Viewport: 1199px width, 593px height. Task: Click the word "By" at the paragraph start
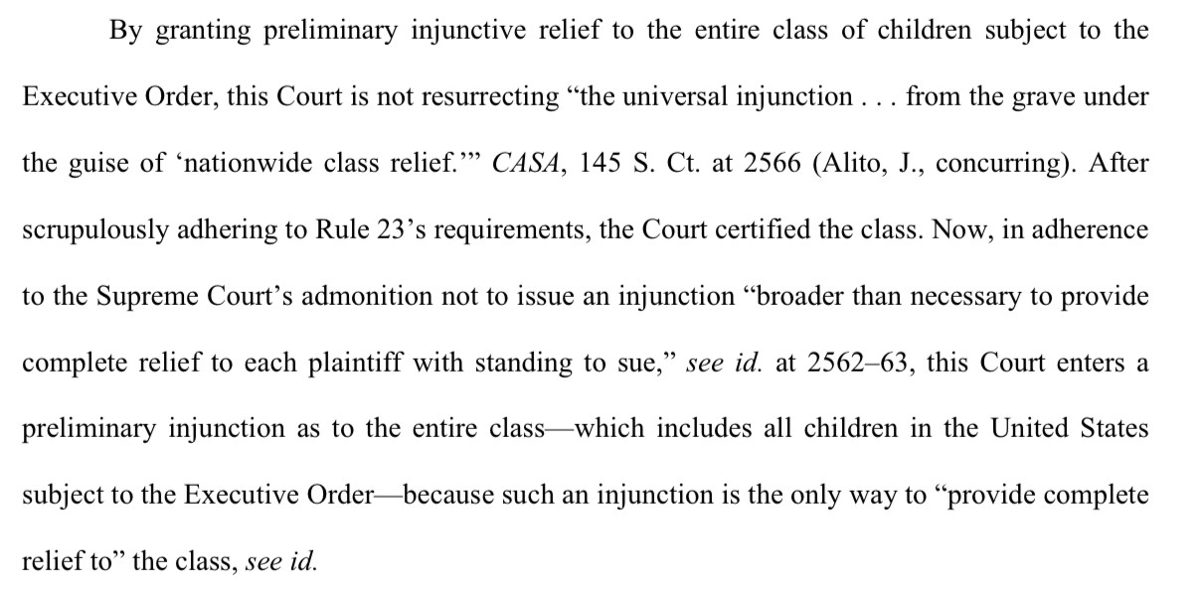click(x=126, y=31)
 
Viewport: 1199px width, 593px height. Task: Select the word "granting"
click(x=203, y=32)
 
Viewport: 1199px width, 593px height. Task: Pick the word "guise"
click(x=98, y=164)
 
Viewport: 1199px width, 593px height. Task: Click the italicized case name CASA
click(x=526, y=163)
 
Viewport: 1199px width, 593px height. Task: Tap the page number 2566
click(x=771, y=163)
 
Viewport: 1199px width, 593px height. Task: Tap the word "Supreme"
click(x=147, y=297)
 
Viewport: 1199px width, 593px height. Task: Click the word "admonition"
click(x=367, y=296)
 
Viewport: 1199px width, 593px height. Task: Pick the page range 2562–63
click(x=859, y=363)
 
